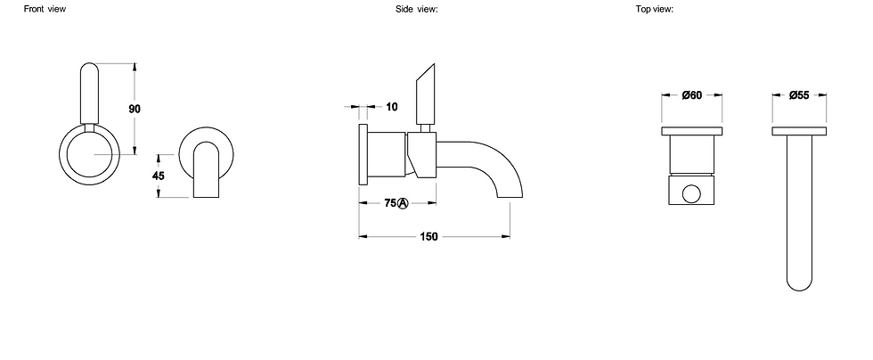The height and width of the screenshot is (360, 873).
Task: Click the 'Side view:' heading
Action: [x=417, y=9]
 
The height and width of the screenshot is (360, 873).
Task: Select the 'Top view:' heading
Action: [x=654, y=9]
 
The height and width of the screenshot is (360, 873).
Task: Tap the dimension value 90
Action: [x=135, y=109]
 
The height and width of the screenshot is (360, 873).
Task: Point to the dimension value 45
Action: [x=159, y=176]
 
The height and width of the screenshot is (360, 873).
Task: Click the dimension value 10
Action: [x=391, y=107]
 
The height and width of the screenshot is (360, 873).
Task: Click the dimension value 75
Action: [x=389, y=203]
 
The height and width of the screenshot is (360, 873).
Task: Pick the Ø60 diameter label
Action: [x=694, y=95]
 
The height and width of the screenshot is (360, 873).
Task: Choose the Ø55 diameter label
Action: [x=798, y=95]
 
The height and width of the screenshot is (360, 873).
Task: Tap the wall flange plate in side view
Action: [x=363, y=154]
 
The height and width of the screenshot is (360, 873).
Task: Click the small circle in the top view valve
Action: [x=692, y=194]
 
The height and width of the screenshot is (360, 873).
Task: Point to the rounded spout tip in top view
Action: [x=797, y=281]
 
